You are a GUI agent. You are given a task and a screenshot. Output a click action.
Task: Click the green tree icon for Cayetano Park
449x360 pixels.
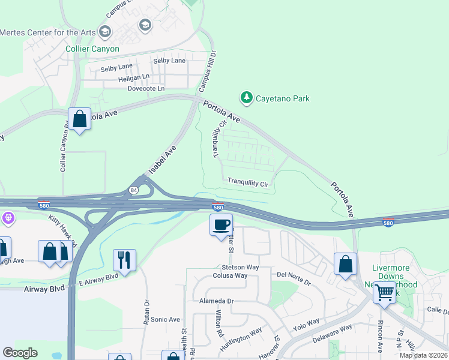246,97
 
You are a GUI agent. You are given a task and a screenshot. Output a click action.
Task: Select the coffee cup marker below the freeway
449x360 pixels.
221,225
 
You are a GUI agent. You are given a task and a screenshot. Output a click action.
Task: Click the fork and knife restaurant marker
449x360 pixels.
124,260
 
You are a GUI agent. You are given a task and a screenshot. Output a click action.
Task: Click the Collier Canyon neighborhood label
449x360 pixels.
92,49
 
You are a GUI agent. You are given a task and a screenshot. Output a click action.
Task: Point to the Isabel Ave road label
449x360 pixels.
163,160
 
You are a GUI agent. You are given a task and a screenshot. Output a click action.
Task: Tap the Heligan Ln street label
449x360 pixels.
134,77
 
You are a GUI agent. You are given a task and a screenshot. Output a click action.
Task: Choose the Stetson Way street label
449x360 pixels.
240,266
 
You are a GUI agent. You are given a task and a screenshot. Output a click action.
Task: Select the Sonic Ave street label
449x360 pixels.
165,320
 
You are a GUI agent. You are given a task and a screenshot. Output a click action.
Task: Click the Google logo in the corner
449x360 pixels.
20,353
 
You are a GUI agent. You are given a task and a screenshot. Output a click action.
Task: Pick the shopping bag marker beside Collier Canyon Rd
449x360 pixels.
79,119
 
